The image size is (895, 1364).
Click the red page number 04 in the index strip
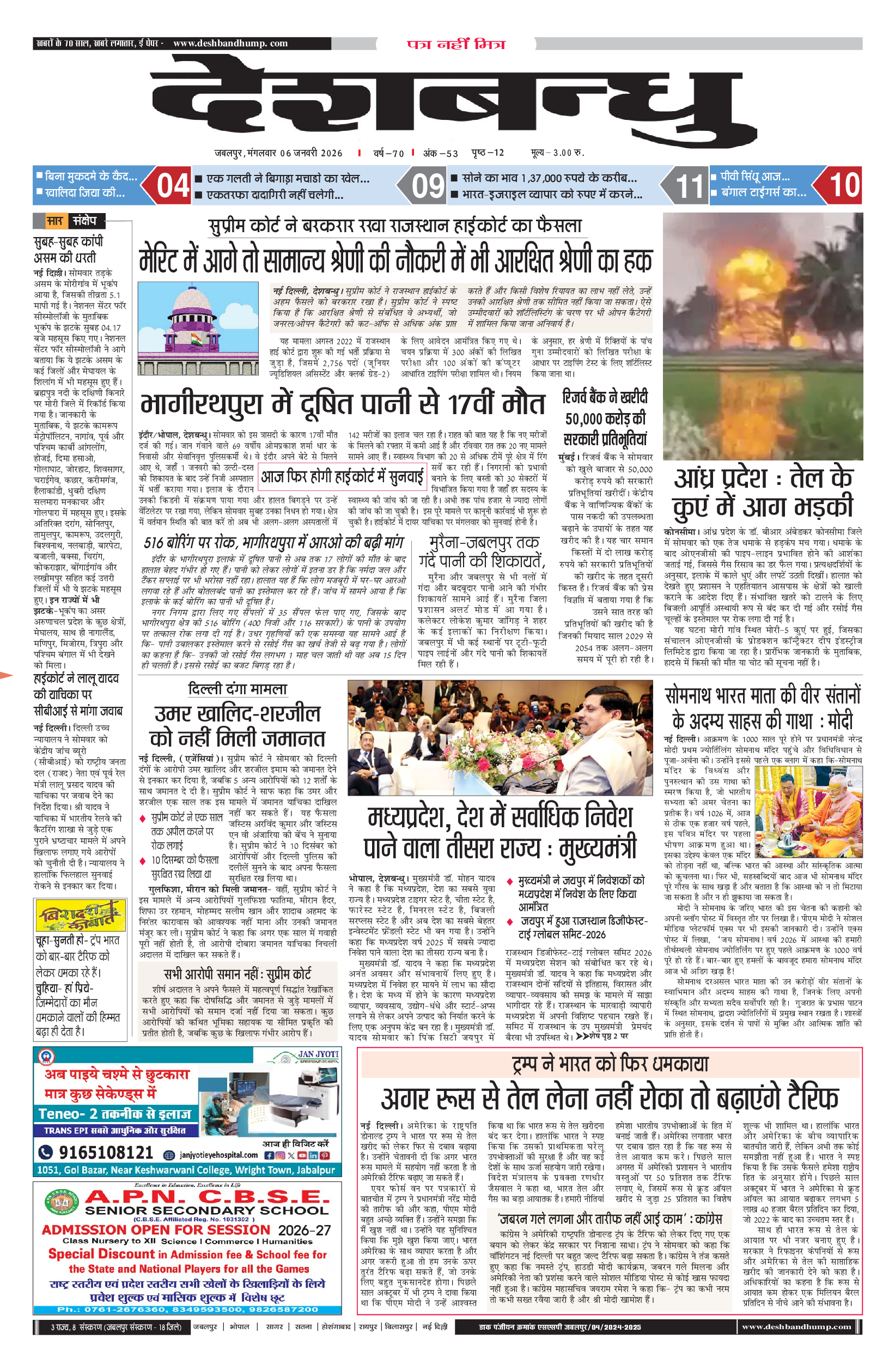pos(173,185)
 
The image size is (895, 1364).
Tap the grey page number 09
pos(428,186)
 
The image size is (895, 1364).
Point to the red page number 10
pos(844,185)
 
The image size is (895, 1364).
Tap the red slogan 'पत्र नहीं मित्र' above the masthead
pos(456,44)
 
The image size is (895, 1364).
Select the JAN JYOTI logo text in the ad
pos(318,1054)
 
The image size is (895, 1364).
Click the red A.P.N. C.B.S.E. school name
pos(207,1197)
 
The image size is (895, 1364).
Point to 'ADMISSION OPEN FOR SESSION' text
pos(156,1230)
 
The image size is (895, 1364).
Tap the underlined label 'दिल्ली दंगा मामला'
pos(237,689)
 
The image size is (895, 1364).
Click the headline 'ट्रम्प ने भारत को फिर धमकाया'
pos(610,1064)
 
